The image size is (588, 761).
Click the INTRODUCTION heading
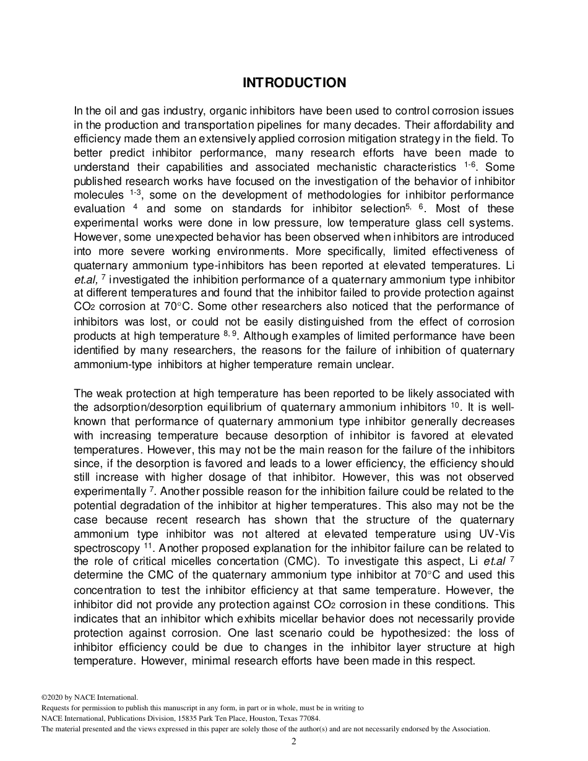pos(294,83)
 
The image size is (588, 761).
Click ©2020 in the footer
pos(53,697)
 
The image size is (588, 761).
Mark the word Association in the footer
pos(469,729)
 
